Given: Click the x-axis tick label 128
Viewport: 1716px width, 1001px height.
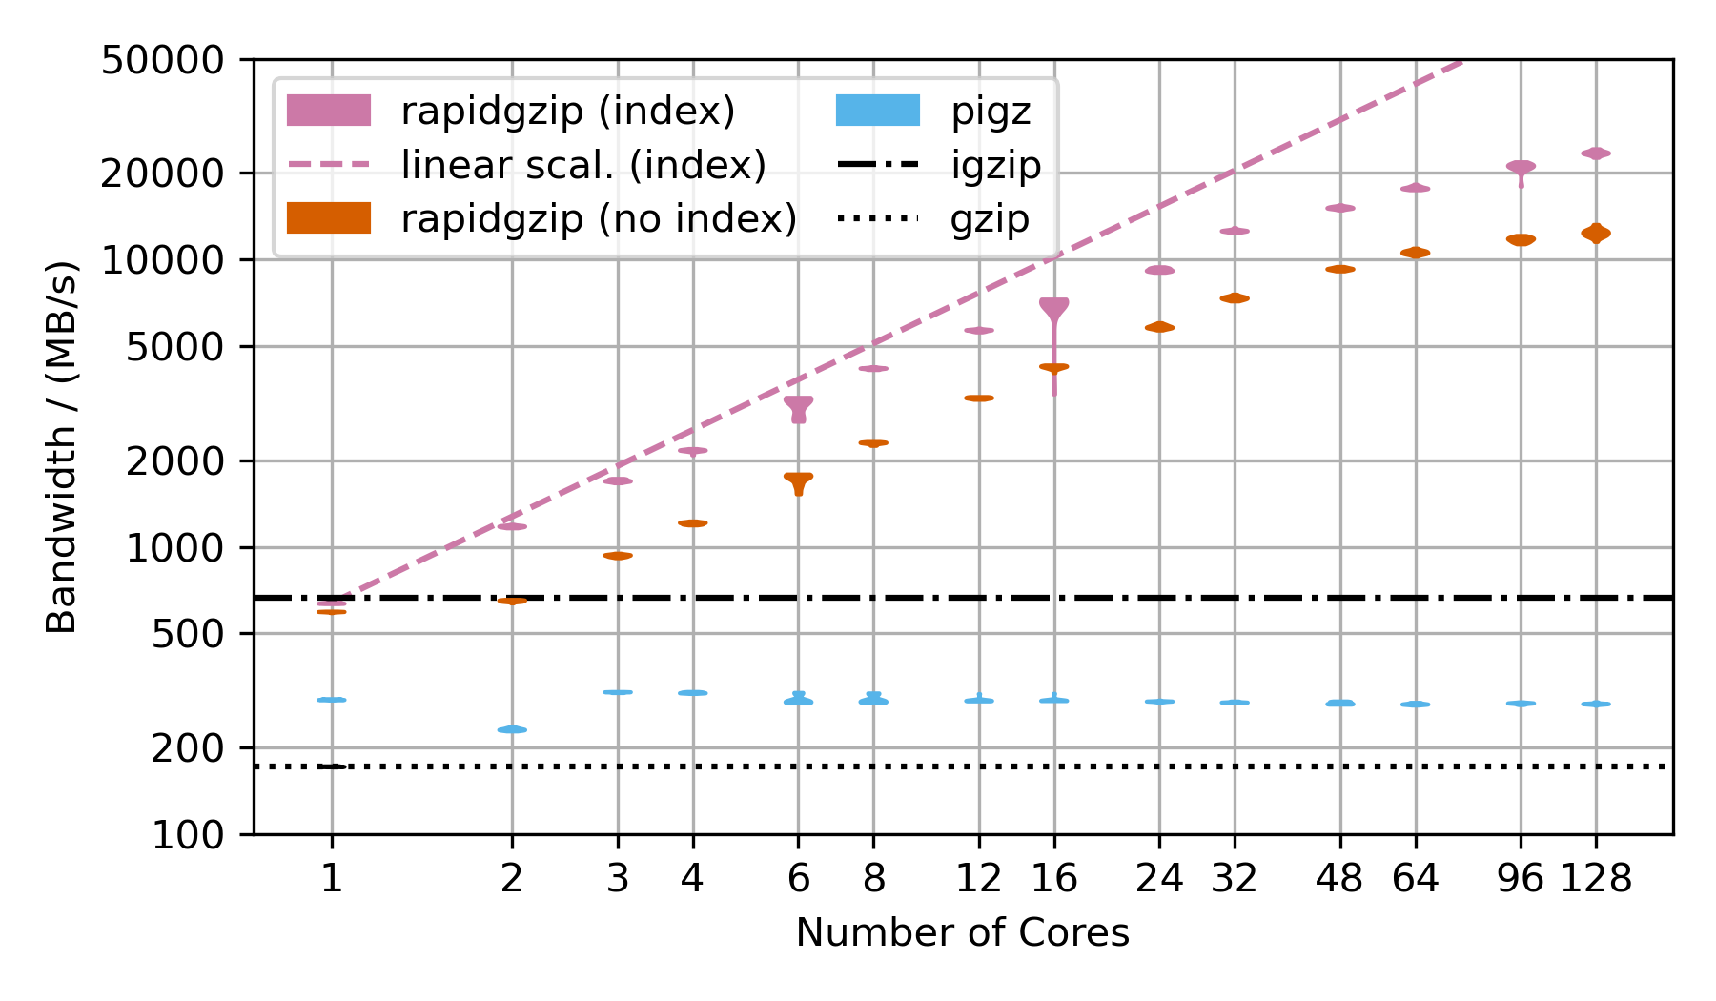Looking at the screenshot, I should tap(1596, 878).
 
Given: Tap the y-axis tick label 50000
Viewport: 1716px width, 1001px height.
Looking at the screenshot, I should tap(162, 60).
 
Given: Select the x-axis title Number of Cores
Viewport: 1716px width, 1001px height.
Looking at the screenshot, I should tap(962, 932).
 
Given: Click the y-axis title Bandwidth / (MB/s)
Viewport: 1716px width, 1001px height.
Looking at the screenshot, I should tap(62, 447).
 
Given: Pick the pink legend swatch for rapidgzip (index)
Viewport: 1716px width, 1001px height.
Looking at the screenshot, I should tap(329, 111).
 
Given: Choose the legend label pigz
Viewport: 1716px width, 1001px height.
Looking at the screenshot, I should tap(991, 112).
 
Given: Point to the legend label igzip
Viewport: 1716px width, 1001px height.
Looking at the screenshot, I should tap(995, 165).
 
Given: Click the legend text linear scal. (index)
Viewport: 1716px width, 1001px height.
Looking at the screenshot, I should tap(583, 165).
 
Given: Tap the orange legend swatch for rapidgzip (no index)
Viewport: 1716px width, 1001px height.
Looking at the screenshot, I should tap(329, 218).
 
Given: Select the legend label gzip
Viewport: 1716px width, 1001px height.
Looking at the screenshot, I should tap(990, 219).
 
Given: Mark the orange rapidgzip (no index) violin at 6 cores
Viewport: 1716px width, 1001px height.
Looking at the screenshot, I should tap(799, 480).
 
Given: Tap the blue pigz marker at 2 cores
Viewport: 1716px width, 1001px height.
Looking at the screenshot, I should tap(512, 729).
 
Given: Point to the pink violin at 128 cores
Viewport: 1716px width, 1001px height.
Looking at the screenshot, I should tap(1596, 153).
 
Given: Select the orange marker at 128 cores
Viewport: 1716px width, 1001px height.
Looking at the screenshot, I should tap(1596, 233).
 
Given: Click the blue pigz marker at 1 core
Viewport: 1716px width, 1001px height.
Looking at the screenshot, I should tap(331, 700).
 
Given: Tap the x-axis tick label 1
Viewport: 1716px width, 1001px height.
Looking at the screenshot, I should tap(331, 878).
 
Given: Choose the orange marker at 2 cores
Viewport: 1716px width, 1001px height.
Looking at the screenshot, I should tap(512, 601).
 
